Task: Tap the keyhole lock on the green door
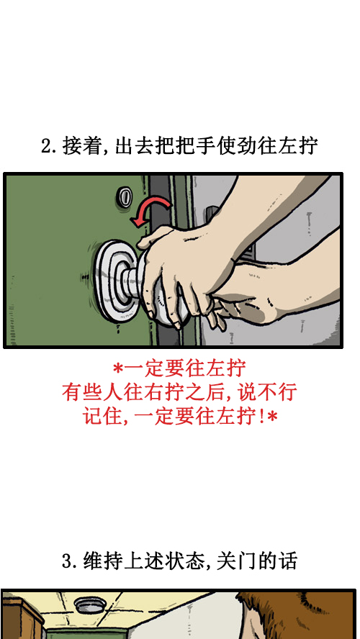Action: coord(125,195)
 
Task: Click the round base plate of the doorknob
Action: coord(109,280)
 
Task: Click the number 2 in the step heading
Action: coord(45,147)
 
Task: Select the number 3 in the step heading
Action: coord(66,561)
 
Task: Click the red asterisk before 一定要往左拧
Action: coord(118,368)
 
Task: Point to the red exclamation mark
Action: coord(259,416)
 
